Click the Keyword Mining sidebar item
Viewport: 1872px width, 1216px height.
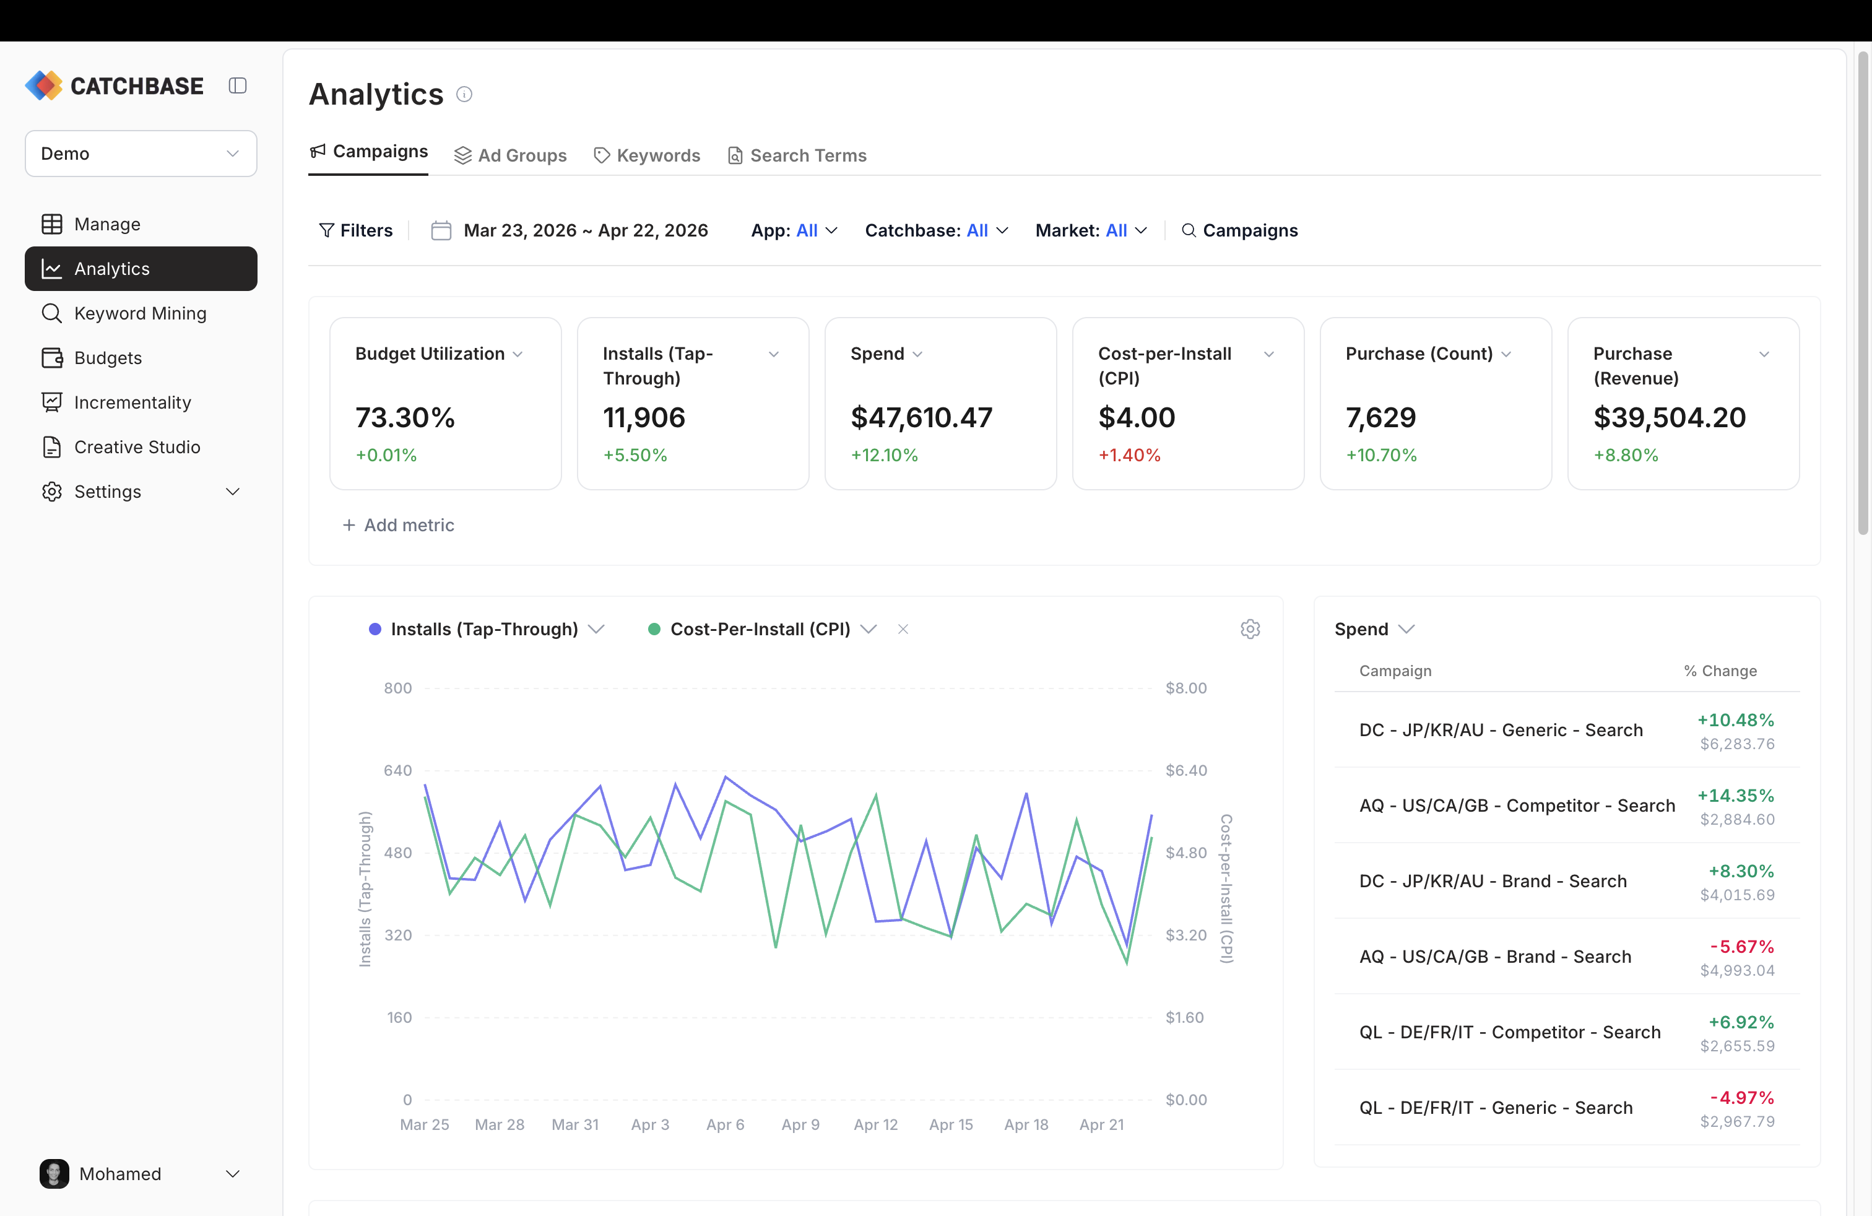(x=140, y=313)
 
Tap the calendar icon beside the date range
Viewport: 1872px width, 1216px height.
(x=441, y=230)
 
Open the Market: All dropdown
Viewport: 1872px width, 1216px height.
(x=1090, y=230)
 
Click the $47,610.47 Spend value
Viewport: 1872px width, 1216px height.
(x=921, y=418)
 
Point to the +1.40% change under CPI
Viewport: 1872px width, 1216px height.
(x=1129, y=456)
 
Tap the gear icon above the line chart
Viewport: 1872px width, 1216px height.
(x=1250, y=629)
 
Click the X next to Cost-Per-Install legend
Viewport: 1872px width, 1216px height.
(x=903, y=629)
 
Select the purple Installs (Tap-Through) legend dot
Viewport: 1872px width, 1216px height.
(x=375, y=629)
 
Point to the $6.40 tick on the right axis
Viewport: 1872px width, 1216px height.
(x=1185, y=771)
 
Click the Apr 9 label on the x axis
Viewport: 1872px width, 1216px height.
(x=800, y=1125)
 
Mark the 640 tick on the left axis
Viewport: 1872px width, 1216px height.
(x=397, y=771)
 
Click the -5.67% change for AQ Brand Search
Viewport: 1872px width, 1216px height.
(x=1741, y=946)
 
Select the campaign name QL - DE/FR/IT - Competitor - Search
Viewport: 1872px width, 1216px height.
(x=1509, y=1032)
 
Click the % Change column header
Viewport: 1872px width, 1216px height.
(x=1720, y=671)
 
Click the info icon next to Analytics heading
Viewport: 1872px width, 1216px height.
(x=464, y=94)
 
